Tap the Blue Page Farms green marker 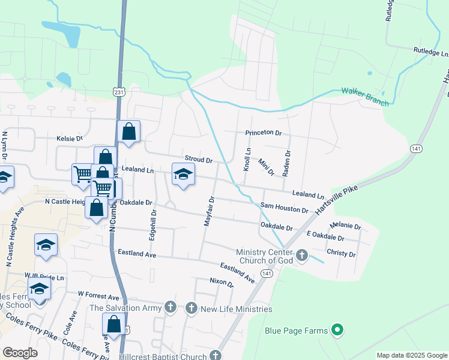(337, 329)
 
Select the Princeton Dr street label (263, 133)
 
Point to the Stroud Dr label (198, 160)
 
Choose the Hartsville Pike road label (336, 202)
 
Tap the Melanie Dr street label (345, 226)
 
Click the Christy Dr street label (341, 253)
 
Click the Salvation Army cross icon (171, 308)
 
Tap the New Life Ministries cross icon (191, 309)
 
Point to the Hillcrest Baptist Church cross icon (215, 356)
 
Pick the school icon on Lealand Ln (183, 175)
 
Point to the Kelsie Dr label (69, 139)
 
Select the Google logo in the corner (19, 353)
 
